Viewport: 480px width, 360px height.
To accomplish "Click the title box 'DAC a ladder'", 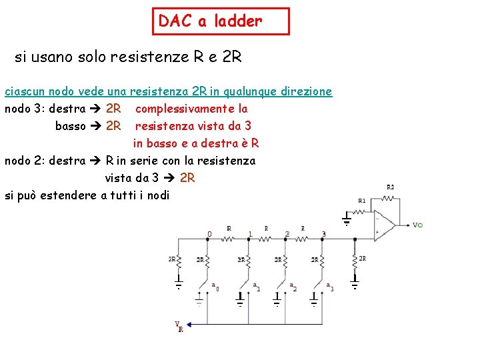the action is click(221, 21).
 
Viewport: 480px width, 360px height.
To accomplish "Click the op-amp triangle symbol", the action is click(383, 224).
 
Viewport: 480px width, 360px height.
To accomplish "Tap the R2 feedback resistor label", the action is click(391, 187).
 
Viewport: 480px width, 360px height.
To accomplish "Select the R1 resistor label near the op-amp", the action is click(361, 199).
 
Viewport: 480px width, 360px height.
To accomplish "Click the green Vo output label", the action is click(417, 225).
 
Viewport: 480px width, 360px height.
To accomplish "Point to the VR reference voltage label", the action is click(179, 327).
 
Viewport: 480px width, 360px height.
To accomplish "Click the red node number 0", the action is click(209, 234).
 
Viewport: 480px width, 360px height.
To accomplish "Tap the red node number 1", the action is click(249, 234).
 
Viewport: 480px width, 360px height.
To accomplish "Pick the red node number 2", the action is click(287, 234).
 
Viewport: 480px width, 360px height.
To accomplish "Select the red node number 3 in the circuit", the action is click(324, 234).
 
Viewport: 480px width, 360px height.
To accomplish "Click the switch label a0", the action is click(215, 287).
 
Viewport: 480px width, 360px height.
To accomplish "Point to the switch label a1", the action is click(257, 287).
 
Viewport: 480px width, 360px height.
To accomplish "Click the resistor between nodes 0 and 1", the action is click(229, 237).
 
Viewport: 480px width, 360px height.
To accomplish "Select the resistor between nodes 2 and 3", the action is click(303, 237).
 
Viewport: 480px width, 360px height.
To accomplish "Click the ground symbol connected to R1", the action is click(346, 219).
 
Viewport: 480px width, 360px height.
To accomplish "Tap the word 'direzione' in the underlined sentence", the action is click(306, 91).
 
